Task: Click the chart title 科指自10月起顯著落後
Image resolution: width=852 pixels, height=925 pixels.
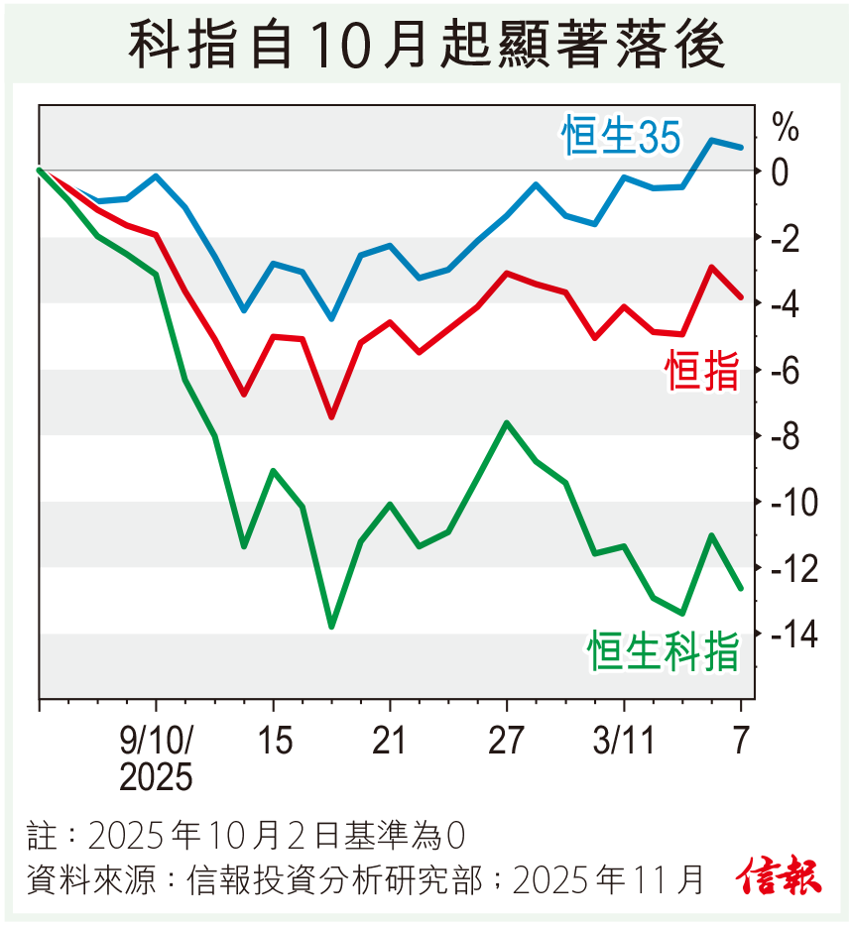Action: point(426,46)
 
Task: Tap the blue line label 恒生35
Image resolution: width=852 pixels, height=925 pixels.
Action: point(622,137)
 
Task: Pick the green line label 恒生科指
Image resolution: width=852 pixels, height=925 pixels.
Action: point(664,651)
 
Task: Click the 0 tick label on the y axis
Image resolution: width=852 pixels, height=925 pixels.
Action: point(780,172)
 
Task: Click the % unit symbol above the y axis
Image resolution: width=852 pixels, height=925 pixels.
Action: point(785,127)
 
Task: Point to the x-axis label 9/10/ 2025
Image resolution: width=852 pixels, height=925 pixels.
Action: point(157,758)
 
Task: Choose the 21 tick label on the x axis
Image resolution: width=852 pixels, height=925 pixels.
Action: point(390,741)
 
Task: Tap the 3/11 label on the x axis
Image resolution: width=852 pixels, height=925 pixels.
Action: point(624,741)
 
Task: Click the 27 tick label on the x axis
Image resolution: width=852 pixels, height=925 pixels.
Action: point(507,741)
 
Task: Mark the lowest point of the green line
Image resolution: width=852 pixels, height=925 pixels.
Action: point(331,627)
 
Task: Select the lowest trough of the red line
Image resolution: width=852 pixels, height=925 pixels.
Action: point(331,416)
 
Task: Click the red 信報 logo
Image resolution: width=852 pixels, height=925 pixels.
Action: point(779,875)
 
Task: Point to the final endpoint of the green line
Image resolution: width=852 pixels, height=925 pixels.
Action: point(740,589)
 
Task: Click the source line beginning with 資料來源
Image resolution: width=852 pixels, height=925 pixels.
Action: point(367,878)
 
